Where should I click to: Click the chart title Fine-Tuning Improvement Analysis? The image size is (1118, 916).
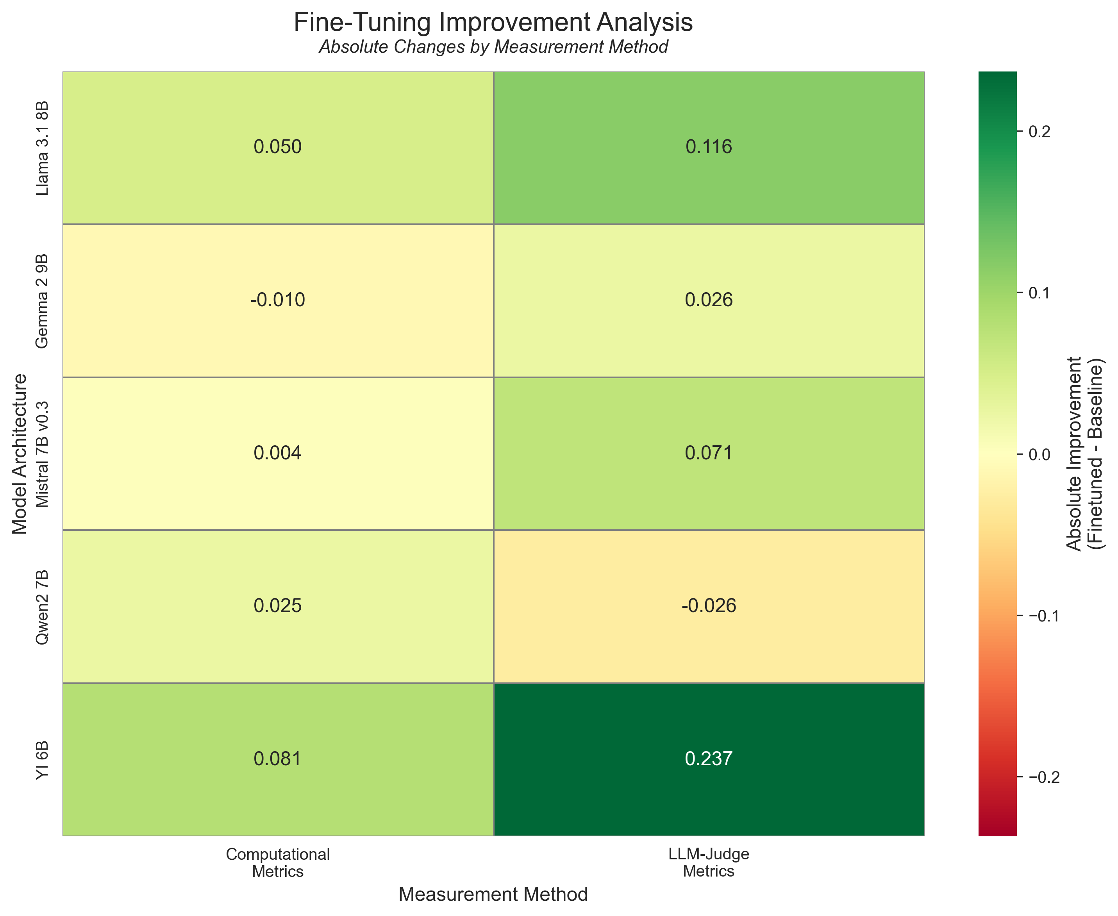click(493, 23)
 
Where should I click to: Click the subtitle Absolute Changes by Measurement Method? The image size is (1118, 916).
click(493, 47)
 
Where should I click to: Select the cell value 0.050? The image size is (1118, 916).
click(277, 147)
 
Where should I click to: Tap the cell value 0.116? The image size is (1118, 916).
click(709, 147)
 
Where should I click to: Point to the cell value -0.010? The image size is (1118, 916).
click(277, 300)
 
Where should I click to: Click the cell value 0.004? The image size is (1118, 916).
click(277, 453)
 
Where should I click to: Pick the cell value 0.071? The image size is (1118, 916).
click(709, 453)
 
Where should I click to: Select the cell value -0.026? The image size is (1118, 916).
click(709, 606)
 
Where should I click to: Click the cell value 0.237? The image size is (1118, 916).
click(709, 759)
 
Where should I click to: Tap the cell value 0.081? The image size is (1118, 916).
click(277, 759)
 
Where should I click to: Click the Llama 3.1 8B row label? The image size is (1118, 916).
click(43, 148)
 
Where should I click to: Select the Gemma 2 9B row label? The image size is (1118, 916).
click(43, 301)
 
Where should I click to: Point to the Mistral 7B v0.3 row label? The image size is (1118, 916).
click(43, 454)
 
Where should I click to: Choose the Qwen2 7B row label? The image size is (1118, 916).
click(43, 607)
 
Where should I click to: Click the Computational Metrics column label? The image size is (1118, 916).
click(277, 862)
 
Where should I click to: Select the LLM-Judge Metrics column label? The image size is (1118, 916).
click(709, 862)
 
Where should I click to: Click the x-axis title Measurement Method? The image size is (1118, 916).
click(493, 895)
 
